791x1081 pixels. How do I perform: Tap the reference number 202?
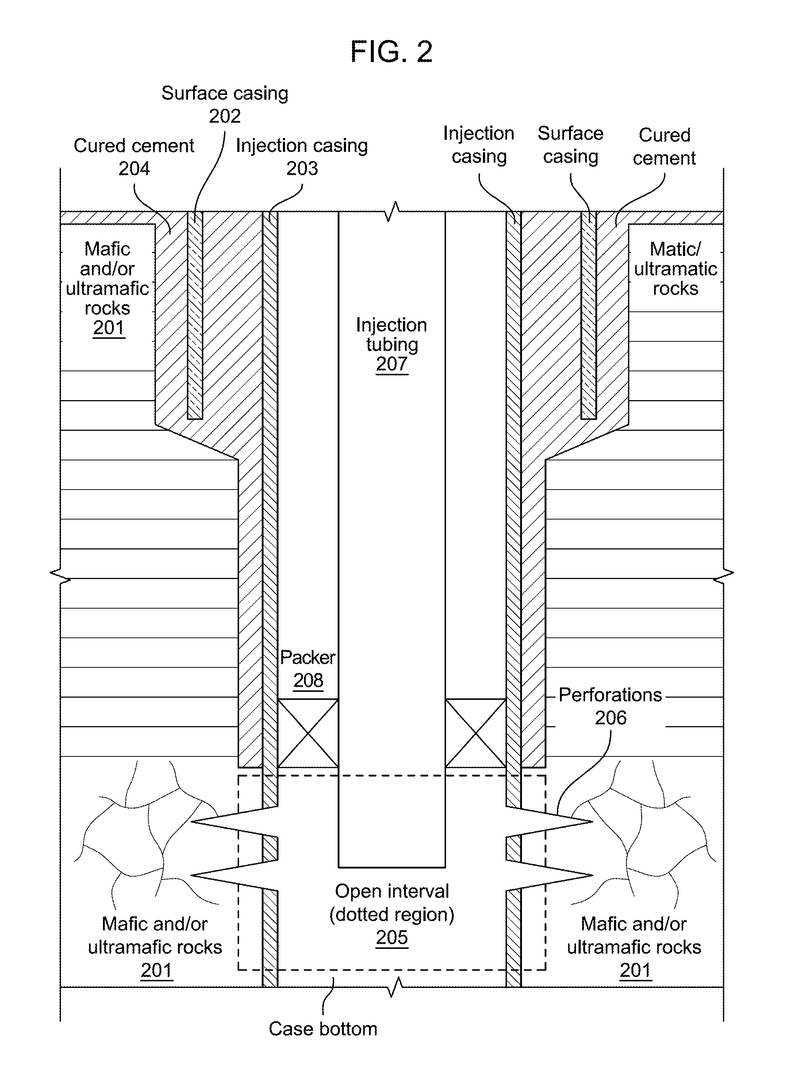[x=224, y=116]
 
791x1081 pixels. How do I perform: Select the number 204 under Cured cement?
[x=134, y=169]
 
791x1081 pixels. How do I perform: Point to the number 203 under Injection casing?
[x=302, y=169]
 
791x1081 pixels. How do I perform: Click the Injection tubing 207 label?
[x=392, y=344]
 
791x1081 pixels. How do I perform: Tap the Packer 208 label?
[x=308, y=668]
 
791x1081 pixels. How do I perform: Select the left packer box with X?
[x=308, y=733]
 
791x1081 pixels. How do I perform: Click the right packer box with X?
[x=476, y=733]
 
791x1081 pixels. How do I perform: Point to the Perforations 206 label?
[x=610, y=706]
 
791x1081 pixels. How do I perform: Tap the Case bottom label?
[x=323, y=1029]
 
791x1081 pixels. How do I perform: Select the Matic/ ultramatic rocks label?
[x=676, y=269]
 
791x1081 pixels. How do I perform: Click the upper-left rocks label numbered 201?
[x=108, y=288]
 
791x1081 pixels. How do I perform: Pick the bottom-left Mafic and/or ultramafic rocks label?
[x=155, y=947]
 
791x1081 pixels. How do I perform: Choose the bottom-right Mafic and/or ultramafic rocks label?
[x=634, y=947]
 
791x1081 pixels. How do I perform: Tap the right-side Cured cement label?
[x=664, y=146]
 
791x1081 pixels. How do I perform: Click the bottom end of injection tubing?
[x=392, y=867]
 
